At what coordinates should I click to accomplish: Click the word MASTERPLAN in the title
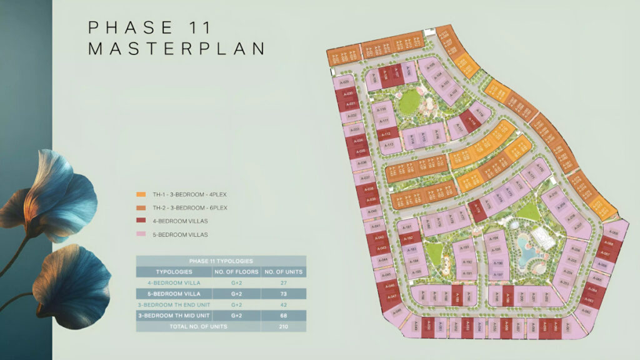[176, 49]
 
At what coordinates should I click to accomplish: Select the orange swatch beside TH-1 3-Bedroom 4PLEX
[141, 194]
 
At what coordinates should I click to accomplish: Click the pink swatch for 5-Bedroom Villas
[141, 234]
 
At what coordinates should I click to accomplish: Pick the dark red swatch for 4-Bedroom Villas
[141, 221]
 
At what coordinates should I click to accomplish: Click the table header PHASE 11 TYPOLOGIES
[221, 261]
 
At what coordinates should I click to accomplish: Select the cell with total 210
[283, 326]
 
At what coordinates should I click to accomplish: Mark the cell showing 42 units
[283, 304]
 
